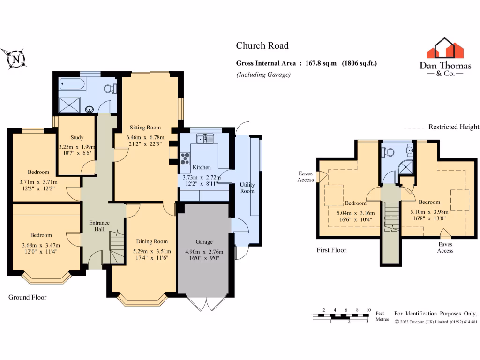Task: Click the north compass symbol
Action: [x=15, y=59]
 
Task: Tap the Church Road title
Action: [x=262, y=45]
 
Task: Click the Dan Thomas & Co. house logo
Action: [x=445, y=48]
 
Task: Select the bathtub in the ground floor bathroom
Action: [x=73, y=83]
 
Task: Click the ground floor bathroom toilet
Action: [x=110, y=89]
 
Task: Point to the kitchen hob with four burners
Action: [x=185, y=158]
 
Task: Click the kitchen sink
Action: [x=205, y=138]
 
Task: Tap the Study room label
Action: [x=77, y=137]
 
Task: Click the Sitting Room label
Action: [x=145, y=127]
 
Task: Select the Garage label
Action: [x=204, y=242]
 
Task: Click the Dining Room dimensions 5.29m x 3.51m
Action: [x=152, y=251]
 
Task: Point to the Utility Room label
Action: [x=247, y=187]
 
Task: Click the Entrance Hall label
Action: [x=99, y=226]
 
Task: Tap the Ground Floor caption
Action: [x=27, y=297]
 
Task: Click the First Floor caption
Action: [x=331, y=250]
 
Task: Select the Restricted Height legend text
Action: [x=454, y=127]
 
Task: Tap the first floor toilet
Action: [x=388, y=152]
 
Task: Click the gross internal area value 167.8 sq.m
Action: [x=321, y=63]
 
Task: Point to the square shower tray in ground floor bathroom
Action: [x=69, y=105]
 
